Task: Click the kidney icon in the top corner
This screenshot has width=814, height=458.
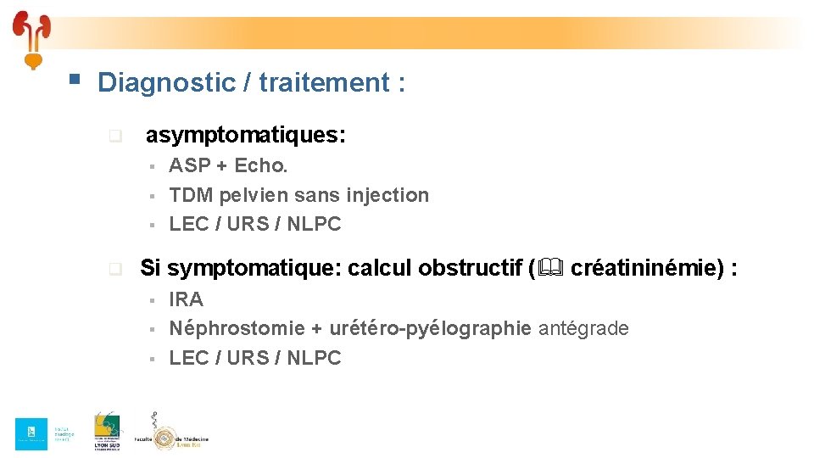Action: [x=32, y=38]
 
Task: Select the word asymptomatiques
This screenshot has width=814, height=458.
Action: [x=245, y=135]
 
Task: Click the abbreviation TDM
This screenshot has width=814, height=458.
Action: [x=191, y=195]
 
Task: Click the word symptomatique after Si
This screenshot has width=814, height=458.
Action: [x=254, y=269]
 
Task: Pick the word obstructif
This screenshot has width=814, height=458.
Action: [x=478, y=269]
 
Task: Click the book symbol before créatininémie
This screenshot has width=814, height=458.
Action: [x=550, y=269]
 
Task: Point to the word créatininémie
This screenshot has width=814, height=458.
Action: [x=644, y=269]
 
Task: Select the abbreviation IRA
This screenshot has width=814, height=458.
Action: [x=186, y=299]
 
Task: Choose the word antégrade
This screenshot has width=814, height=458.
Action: [x=583, y=328]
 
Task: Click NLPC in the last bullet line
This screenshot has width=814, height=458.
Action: [x=314, y=358]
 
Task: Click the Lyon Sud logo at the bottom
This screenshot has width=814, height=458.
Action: [x=107, y=433]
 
